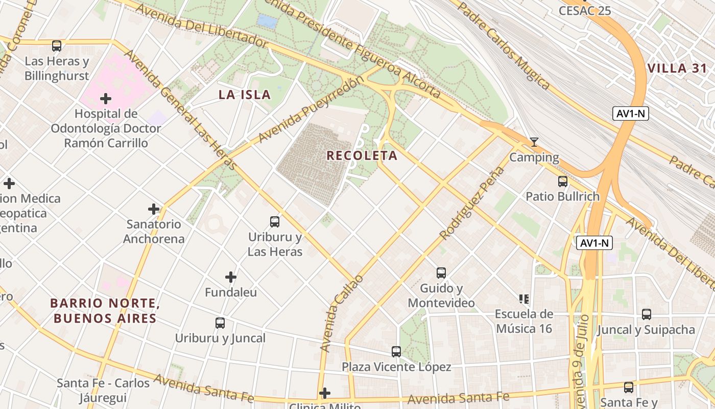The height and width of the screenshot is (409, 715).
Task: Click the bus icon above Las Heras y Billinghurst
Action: [x=57, y=46]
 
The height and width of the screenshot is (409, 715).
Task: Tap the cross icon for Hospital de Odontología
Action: [x=106, y=98]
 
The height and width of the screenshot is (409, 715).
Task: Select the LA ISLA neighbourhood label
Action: [x=245, y=95]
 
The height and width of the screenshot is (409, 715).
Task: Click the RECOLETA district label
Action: [x=362, y=155]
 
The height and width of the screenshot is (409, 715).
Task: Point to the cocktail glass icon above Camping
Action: [x=534, y=142]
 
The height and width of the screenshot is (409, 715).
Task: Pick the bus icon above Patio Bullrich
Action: [x=562, y=181]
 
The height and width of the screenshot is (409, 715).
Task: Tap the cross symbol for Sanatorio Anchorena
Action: [x=154, y=209]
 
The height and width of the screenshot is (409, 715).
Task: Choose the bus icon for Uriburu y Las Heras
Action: [x=275, y=222]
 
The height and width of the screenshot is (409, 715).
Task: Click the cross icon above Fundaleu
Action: [x=231, y=277]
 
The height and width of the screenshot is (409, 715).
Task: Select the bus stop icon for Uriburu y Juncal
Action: [x=220, y=323]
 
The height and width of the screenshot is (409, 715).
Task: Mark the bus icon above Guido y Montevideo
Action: [x=441, y=273]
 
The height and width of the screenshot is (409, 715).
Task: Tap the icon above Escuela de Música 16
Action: [x=523, y=299]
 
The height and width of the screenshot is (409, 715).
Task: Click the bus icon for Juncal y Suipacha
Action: [x=647, y=314]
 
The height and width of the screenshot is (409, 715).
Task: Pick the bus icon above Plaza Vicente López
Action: [x=396, y=352]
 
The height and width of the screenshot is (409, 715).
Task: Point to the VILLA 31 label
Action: [x=677, y=69]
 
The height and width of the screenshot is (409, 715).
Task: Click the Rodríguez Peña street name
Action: [x=472, y=203]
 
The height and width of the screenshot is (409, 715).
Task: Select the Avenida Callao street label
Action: [x=342, y=313]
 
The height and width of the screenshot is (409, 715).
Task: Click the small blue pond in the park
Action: [x=267, y=21]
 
